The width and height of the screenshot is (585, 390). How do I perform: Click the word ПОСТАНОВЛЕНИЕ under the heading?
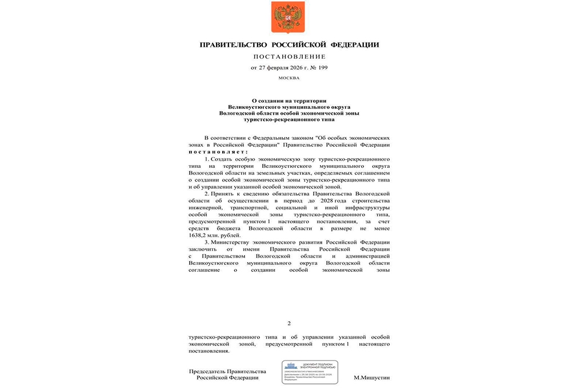click(x=289, y=57)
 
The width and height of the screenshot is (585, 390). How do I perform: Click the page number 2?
click(x=289, y=324)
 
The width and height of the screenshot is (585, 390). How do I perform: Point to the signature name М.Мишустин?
click(x=371, y=377)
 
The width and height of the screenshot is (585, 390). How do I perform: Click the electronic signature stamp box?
click(x=311, y=372)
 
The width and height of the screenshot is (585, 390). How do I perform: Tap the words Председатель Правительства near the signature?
click(x=227, y=371)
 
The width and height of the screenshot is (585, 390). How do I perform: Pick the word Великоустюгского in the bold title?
click(x=254, y=106)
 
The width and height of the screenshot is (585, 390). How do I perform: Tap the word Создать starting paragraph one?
click(x=223, y=158)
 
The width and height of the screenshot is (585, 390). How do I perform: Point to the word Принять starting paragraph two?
click(x=224, y=194)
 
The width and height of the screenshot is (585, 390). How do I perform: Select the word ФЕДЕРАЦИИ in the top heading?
click(x=356, y=45)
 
